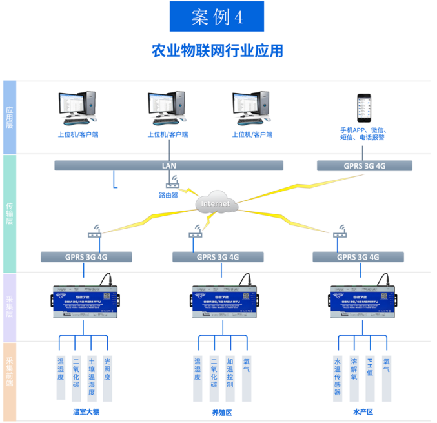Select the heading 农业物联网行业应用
tap(218, 50)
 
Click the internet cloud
tap(216, 203)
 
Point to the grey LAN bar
tap(168, 165)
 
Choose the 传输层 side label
tap(9, 213)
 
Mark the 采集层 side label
tap(9, 307)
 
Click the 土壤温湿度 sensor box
tap(92, 378)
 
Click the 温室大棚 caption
tap(85, 411)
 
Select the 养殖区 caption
tap(221, 411)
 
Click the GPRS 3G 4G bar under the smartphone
tap(365, 165)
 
